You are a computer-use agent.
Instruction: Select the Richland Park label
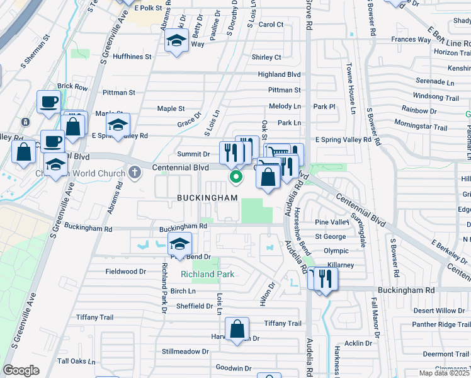point(207,274)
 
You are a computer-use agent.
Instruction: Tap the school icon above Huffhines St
point(176,42)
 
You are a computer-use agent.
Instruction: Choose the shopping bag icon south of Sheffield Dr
point(237,328)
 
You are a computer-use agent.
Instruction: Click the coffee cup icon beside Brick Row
point(48,101)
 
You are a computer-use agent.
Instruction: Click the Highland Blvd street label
point(279,74)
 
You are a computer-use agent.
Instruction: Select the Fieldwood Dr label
point(125,272)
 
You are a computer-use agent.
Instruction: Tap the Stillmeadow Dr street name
point(185,351)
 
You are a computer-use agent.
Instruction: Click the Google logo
point(21,370)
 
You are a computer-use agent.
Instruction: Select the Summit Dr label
point(193,154)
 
